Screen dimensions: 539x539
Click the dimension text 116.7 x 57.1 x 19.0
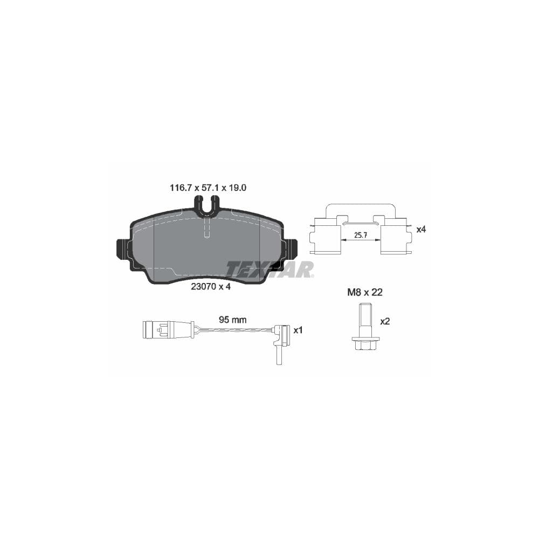tap(208, 188)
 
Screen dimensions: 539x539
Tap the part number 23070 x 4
tap(211, 287)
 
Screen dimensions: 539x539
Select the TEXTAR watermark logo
tap(269, 269)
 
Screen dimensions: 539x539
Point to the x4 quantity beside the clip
tap(421, 229)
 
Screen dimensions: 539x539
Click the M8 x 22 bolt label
tap(364, 293)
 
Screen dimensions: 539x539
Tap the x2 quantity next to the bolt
tap(385, 321)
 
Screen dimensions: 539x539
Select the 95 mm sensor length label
tap(232, 320)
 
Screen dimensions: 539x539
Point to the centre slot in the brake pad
tap(207, 229)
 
